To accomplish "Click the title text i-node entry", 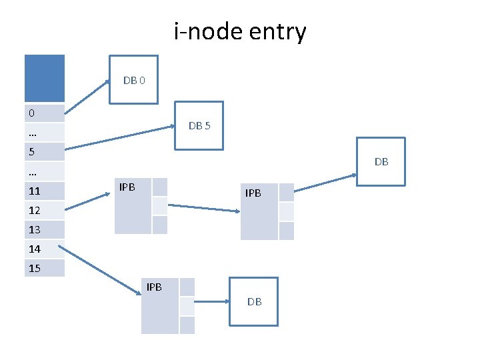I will click(x=240, y=31).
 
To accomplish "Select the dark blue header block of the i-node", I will click(x=45, y=78).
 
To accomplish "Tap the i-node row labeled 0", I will click(x=45, y=113).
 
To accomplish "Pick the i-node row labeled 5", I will click(x=45, y=152).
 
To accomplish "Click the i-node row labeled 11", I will click(x=45, y=191).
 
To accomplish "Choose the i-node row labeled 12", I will click(x=45, y=210).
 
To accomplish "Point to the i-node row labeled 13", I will click(x=45, y=229).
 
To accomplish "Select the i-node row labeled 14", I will click(x=45, y=249).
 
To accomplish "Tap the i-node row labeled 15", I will click(x=45, y=268).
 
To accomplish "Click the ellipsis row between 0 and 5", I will click(x=45, y=132).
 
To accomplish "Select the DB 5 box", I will click(x=199, y=125).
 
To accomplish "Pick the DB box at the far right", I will click(x=381, y=161).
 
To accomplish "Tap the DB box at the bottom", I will click(x=254, y=301).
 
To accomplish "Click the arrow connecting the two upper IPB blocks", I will click(x=203, y=208).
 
